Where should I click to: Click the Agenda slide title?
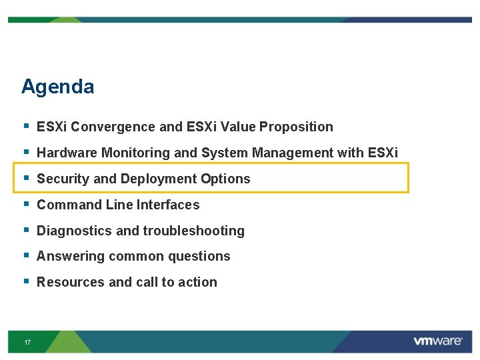click(57, 87)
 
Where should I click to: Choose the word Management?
click(293, 153)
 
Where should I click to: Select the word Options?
click(226, 179)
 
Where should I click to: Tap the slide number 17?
click(27, 342)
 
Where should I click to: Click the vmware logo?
click(437, 341)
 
